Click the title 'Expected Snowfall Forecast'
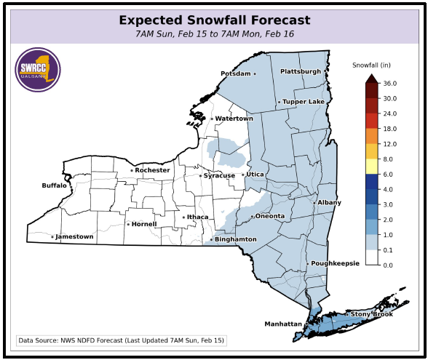[x=214, y=20]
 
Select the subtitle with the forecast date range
[x=214, y=34]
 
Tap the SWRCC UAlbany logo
[x=38, y=70]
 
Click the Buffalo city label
[x=54, y=185]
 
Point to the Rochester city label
[x=152, y=170]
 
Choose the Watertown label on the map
[x=234, y=119]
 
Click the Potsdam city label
[x=236, y=73]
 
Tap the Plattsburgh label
[x=301, y=71]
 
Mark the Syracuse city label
[x=219, y=175]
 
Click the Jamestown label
[x=75, y=236]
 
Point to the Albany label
[x=329, y=202]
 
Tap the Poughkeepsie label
[x=335, y=263]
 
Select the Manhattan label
[x=283, y=324]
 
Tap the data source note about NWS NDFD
[x=122, y=340]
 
